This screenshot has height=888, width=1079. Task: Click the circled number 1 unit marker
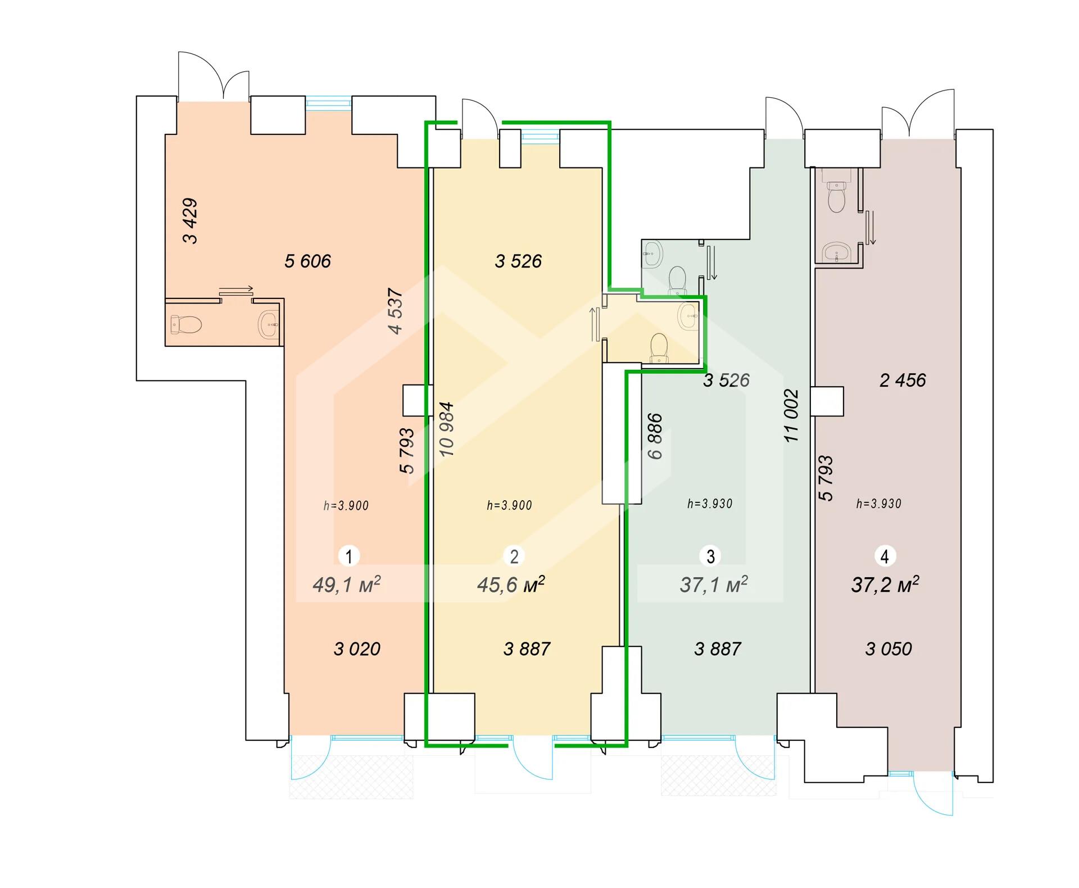(x=348, y=556)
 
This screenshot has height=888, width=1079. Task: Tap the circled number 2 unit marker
(x=514, y=556)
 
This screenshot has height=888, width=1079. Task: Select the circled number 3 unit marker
(x=710, y=556)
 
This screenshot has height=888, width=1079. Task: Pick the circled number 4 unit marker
(x=885, y=556)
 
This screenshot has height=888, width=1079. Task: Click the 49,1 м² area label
(x=347, y=585)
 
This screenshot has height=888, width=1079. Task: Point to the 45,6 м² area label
(x=511, y=585)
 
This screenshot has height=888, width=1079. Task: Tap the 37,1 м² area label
(x=714, y=585)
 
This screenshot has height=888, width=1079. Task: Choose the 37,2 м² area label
(x=885, y=585)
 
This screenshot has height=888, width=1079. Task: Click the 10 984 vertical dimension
(x=446, y=428)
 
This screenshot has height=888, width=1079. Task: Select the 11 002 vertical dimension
(x=791, y=416)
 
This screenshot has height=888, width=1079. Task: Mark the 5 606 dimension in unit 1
(x=307, y=261)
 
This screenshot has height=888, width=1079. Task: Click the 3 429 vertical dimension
(x=190, y=221)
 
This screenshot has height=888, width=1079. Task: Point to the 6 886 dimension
(x=655, y=436)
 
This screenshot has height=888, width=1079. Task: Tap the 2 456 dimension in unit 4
(x=903, y=380)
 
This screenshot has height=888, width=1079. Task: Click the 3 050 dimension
(x=888, y=649)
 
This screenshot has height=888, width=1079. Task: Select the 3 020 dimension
(x=357, y=649)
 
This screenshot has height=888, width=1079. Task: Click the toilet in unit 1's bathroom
(x=186, y=324)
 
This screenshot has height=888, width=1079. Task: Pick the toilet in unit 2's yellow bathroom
(x=658, y=347)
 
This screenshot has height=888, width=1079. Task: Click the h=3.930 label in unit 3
(x=710, y=504)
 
